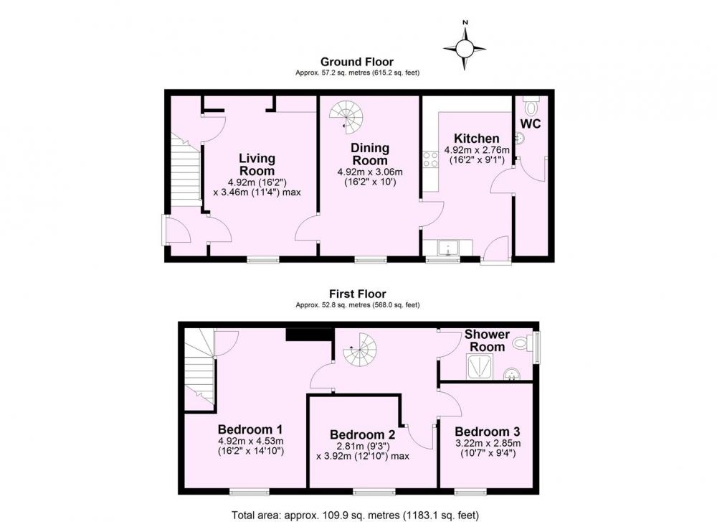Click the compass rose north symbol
click(465, 47)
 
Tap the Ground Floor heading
click(356, 62)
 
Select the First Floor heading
click(358, 294)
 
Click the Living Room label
click(257, 165)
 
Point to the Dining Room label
click(370, 154)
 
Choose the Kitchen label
click(477, 139)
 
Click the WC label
click(531, 123)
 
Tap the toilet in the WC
click(531, 106)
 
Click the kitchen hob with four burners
click(430, 159)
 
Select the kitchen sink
click(447, 248)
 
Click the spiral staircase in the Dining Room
click(346, 116)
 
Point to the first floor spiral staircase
click(360, 350)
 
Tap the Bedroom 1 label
click(250, 429)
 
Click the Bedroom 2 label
click(362, 434)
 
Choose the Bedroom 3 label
click(487, 432)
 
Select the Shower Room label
click(487, 340)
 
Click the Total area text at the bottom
click(356, 515)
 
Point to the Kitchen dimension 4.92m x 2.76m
click(477, 149)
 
